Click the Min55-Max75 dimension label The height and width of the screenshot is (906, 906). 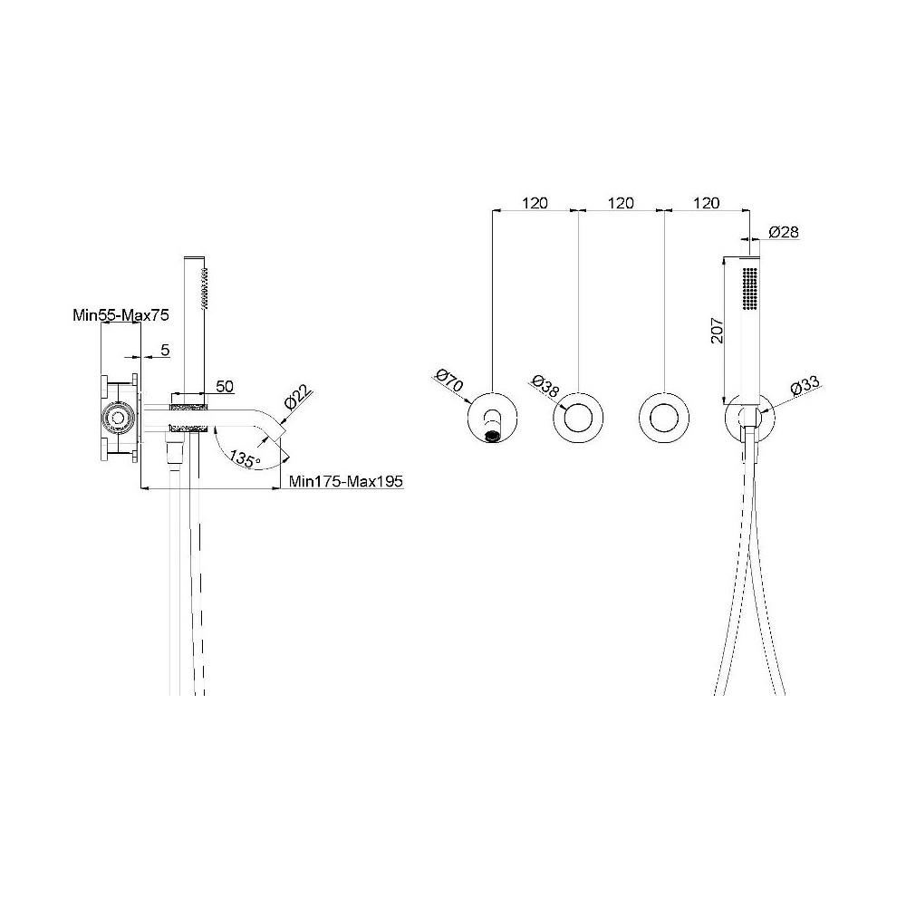[x=120, y=315]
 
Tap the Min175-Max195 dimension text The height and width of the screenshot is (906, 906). [x=345, y=481]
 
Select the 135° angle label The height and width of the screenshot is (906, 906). [x=245, y=458]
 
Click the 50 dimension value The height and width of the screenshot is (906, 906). [x=225, y=386]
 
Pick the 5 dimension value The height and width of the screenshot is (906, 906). [x=165, y=350]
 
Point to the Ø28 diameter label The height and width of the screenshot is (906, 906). [x=784, y=232]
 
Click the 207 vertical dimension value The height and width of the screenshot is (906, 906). [x=717, y=330]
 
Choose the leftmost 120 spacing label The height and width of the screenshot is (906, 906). [x=535, y=203]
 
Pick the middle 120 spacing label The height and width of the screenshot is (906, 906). [x=621, y=203]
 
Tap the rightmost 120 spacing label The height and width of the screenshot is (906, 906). [x=706, y=203]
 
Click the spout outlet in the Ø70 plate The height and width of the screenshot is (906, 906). [x=492, y=437]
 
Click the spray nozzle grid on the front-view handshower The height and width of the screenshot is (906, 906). [x=750, y=291]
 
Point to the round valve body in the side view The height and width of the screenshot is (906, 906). [x=119, y=418]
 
